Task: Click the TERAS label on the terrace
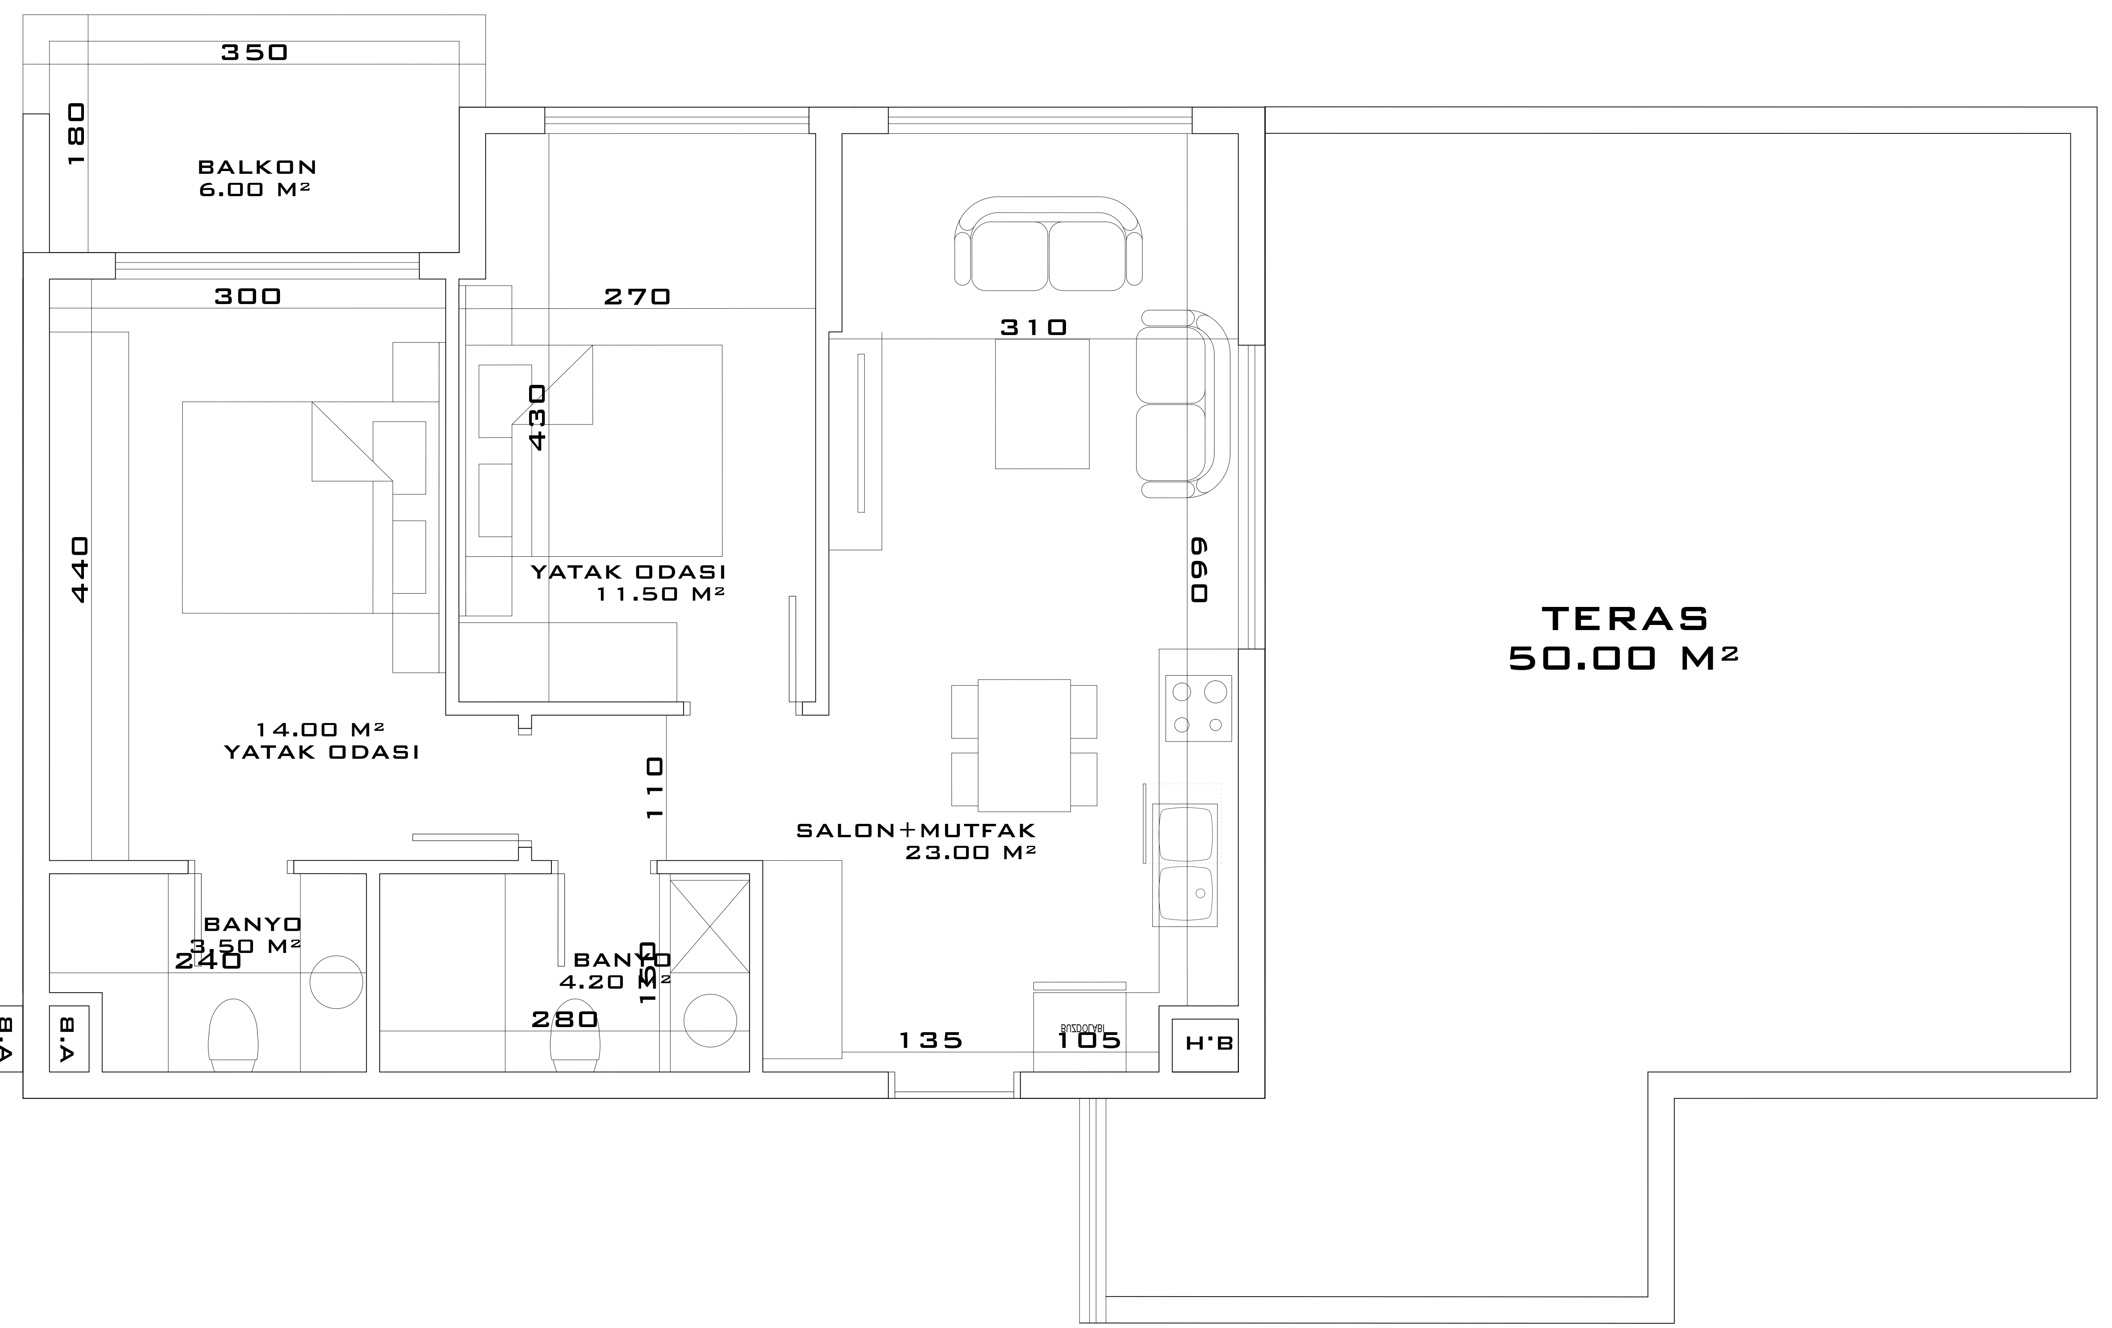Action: pos(1624,619)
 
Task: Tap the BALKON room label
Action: pos(257,167)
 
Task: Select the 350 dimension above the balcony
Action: pos(255,53)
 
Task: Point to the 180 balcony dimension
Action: pos(76,134)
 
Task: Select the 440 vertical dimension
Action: pos(79,570)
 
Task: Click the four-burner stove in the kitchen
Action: pos(1198,708)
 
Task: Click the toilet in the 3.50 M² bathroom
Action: pos(233,1033)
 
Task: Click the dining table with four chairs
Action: pos(1024,745)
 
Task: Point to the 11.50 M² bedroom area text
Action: pos(660,594)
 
